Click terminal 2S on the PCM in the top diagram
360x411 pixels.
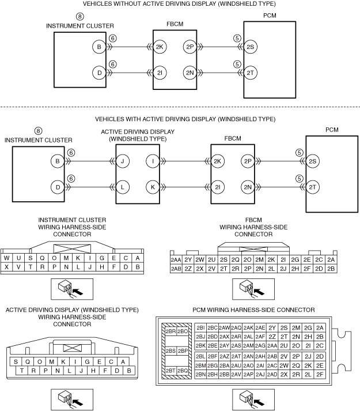(x=250, y=47)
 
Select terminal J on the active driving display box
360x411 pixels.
(x=122, y=162)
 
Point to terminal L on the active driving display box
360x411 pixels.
(x=122, y=187)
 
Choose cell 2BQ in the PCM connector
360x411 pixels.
(x=183, y=371)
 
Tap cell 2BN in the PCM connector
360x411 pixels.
(x=200, y=374)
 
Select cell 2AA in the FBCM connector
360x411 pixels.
(x=176, y=260)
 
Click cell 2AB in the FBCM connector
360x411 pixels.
(x=176, y=269)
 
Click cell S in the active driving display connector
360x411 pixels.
(x=16, y=361)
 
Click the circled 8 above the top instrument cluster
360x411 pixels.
(x=79, y=17)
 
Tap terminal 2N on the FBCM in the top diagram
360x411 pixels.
(x=190, y=73)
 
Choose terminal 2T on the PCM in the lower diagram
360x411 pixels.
(x=313, y=187)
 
